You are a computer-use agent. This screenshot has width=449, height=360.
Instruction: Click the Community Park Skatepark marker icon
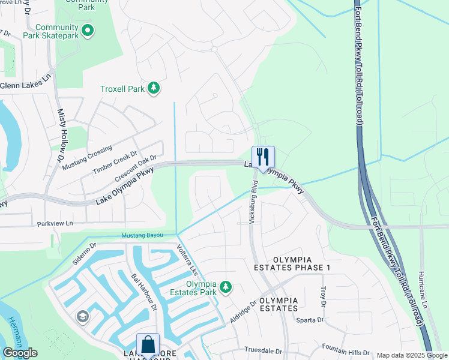pyautogui.click(x=88, y=29)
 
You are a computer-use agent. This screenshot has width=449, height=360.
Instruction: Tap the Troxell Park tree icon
pyautogui.click(x=154, y=89)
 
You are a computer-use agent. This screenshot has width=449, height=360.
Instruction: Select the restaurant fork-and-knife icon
pyautogui.click(x=263, y=157)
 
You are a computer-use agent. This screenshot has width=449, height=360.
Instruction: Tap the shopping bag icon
pyautogui.click(x=148, y=344)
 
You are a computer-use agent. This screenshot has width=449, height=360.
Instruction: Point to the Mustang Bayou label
pyautogui.click(x=142, y=235)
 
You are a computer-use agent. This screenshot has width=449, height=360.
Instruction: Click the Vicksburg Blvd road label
pyautogui.click(x=254, y=202)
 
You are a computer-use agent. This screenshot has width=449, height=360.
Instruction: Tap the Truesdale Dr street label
pyautogui.click(x=263, y=350)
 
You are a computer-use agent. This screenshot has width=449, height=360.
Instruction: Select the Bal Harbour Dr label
pyautogui.click(x=144, y=292)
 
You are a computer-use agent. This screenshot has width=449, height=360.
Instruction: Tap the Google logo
pyautogui.click(x=20, y=353)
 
